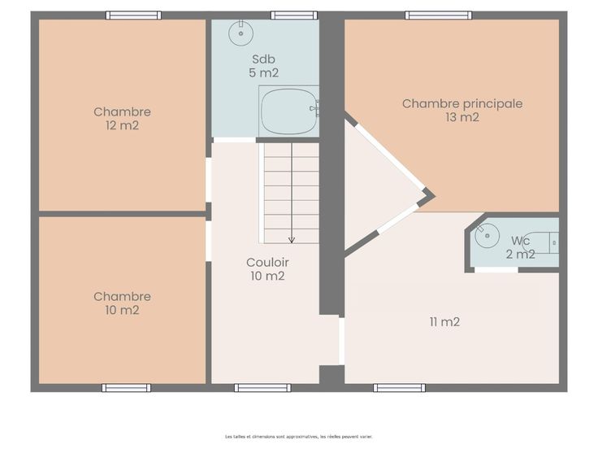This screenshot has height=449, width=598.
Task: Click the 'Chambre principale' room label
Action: click(x=462, y=104)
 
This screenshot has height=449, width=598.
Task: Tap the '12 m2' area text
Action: click(x=122, y=125)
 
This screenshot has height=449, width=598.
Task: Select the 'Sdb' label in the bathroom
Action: click(x=263, y=59)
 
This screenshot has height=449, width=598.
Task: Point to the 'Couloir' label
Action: click(x=267, y=262)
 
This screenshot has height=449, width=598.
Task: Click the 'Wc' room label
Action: click(x=521, y=241)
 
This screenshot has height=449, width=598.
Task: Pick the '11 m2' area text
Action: click(x=444, y=322)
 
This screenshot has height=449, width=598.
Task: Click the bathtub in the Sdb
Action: click(x=289, y=111)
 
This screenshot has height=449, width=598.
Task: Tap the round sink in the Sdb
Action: click(x=240, y=33)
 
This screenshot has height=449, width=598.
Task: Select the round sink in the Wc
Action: click(x=487, y=236)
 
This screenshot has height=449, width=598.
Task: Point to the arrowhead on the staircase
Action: click(x=292, y=240)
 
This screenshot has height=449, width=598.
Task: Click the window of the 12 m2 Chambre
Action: click(x=133, y=15)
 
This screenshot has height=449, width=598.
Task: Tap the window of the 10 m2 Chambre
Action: click(x=126, y=388)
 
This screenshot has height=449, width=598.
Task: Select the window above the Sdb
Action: click(x=294, y=15)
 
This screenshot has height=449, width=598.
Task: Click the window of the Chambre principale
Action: click(x=439, y=15)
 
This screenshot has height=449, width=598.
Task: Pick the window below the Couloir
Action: click(x=262, y=388)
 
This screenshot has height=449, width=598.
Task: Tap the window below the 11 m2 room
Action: click(x=399, y=388)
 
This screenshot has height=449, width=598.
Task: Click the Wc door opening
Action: click(x=496, y=270)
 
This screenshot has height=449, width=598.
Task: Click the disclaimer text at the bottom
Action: click(x=299, y=437)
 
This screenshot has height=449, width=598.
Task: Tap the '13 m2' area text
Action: click(x=462, y=117)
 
